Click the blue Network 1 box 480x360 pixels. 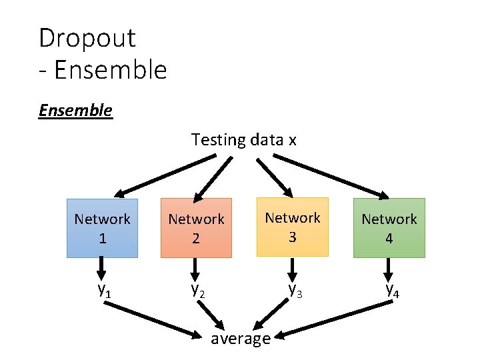(102, 228)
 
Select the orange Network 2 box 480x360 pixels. (196, 228)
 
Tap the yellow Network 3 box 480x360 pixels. (293, 227)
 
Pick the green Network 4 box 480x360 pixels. (389, 228)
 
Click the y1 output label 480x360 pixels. (104, 290)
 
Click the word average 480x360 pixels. (240, 339)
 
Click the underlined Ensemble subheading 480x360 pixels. (75, 110)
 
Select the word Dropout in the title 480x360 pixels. (87, 38)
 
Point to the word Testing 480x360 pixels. (219, 140)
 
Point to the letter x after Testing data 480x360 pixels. (292, 141)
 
